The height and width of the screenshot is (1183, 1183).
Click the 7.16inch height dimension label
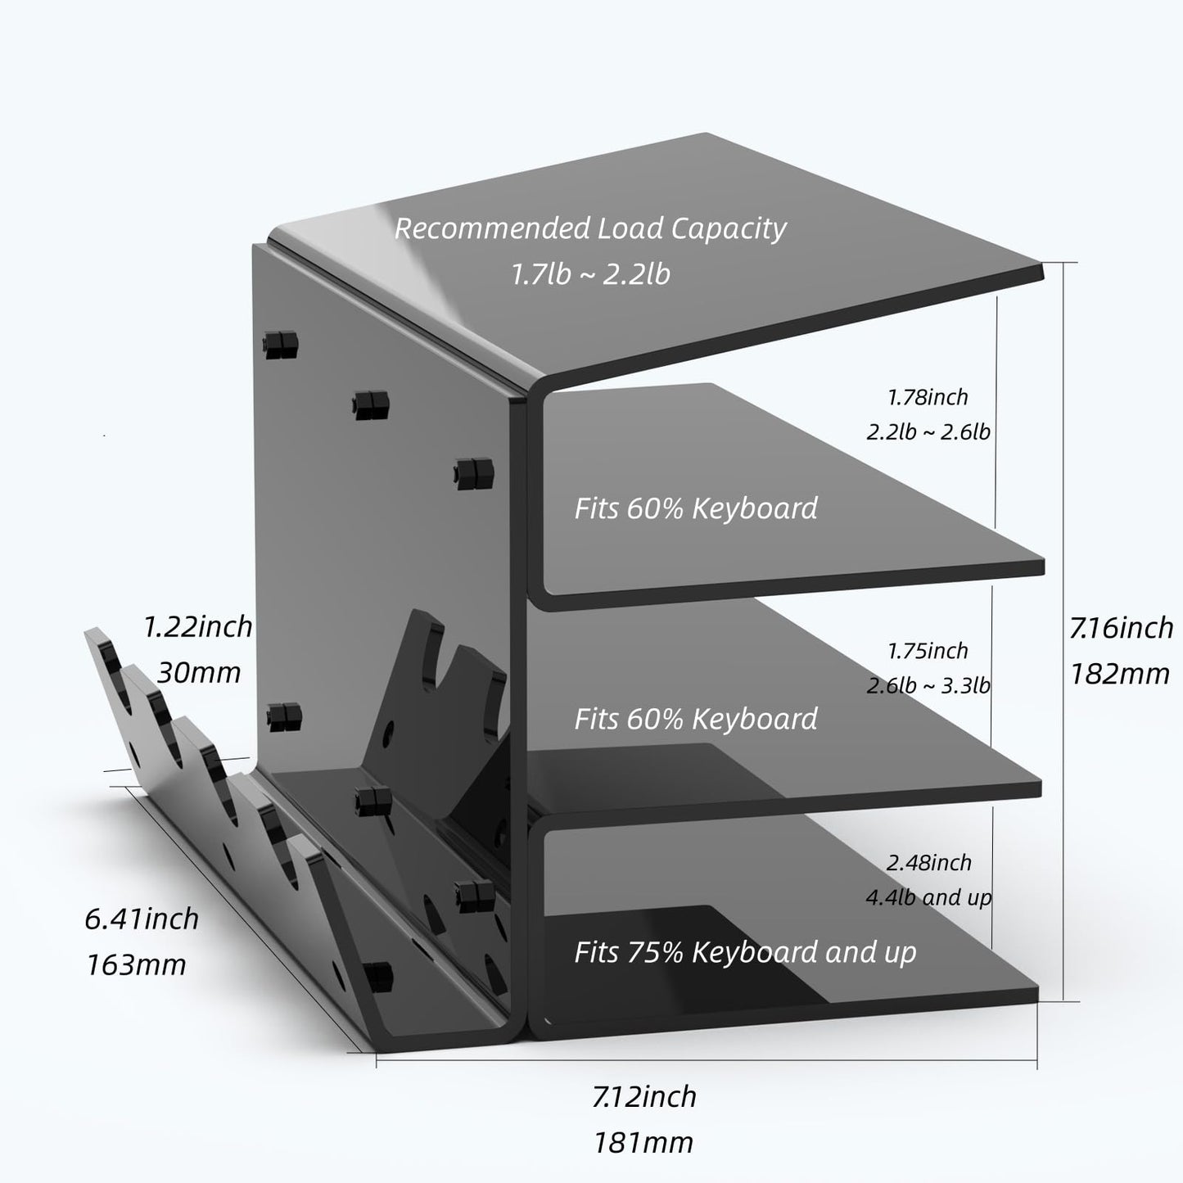(x=1121, y=629)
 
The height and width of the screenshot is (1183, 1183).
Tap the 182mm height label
(x=1119, y=674)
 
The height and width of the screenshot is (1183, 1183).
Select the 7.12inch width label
(x=644, y=1096)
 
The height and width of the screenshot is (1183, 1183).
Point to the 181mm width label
(x=643, y=1142)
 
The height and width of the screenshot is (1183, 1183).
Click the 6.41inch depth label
(x=142, y=919)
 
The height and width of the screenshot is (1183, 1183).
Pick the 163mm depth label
(x=137, y=964)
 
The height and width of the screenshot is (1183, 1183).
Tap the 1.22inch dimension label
(x=197, y=627)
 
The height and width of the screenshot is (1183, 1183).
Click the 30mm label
(x=198, y=672)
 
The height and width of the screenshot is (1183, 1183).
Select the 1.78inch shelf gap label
(x=928, y=397)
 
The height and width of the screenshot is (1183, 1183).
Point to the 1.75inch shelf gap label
(x=928, y=651)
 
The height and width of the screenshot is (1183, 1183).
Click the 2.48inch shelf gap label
(x=928, y=862)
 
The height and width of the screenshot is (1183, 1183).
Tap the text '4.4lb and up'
(x=928, y=897)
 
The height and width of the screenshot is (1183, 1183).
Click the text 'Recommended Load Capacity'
(x=590, y=228)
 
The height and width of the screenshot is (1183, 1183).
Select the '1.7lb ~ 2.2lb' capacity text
(x=590, y=273)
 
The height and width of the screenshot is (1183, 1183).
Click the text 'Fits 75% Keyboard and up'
(x=745, y=952)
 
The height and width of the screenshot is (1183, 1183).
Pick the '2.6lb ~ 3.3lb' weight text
(x=928, y=685)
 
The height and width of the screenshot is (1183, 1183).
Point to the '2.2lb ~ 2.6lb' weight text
(x=928, y=431)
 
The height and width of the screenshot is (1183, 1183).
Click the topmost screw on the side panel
(x=280, y=345)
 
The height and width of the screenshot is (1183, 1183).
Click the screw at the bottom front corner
(x=378, y=974)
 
